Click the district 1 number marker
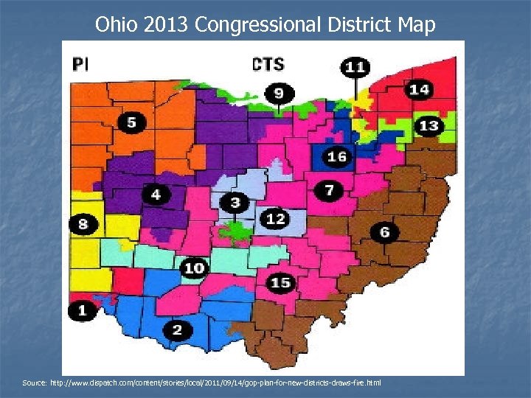click(82, 311)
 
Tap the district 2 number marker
click(177, 329)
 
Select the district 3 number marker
click(235, 203)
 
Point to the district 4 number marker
click(156, 195)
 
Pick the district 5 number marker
click(131, 122)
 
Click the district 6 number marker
click(384, 232)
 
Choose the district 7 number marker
click(329, 191)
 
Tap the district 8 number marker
click(83, 224)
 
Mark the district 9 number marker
click(279, 93)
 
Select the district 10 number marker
click(194, 268)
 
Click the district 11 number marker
click(355, 67)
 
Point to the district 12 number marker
click(275, 219)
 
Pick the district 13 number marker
click(428, 126)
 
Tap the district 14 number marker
click(419, 90)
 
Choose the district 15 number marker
click(280, 283)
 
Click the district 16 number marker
click(337, 157)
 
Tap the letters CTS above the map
click(268, 65)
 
